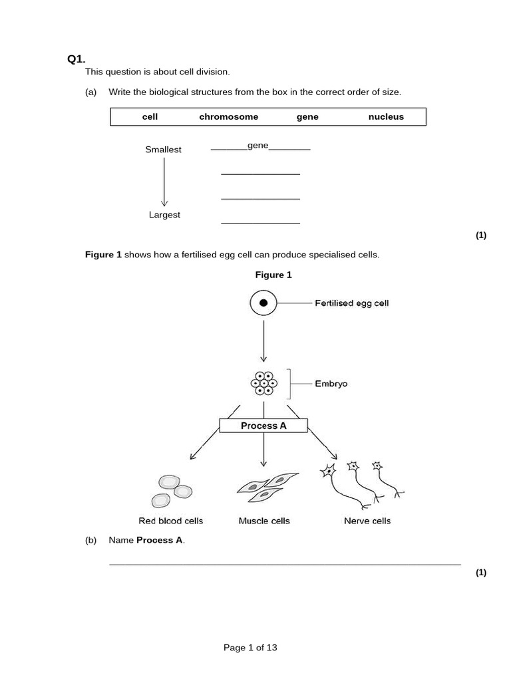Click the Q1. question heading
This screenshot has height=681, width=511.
click(77, 59)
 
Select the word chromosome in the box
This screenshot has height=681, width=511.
click(228, 116)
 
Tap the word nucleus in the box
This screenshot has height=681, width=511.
click(386, 116)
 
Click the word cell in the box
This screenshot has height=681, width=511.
click(150, 116)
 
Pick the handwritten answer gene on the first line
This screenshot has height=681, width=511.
click(257, 145)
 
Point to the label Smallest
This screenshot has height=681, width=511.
click(163, 150)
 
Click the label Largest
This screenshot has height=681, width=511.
click(164, 215)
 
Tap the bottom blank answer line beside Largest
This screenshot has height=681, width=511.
click(260, 223)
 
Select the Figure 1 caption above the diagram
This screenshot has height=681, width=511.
click(273, 275)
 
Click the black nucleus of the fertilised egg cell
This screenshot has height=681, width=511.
click(263, 303)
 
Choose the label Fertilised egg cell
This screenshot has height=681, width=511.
click(351, 303)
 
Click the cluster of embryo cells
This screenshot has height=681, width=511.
click(264, 384)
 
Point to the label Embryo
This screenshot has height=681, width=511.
click(331, 384)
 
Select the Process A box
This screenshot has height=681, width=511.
click(263, 426)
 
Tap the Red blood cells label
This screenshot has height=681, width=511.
click(170, 521)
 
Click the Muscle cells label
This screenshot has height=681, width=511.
click(264, 521)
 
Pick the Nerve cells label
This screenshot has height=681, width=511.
click(367, 521)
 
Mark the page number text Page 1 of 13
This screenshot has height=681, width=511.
click(250, 647)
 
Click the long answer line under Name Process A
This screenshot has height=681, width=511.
click(285, 564)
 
